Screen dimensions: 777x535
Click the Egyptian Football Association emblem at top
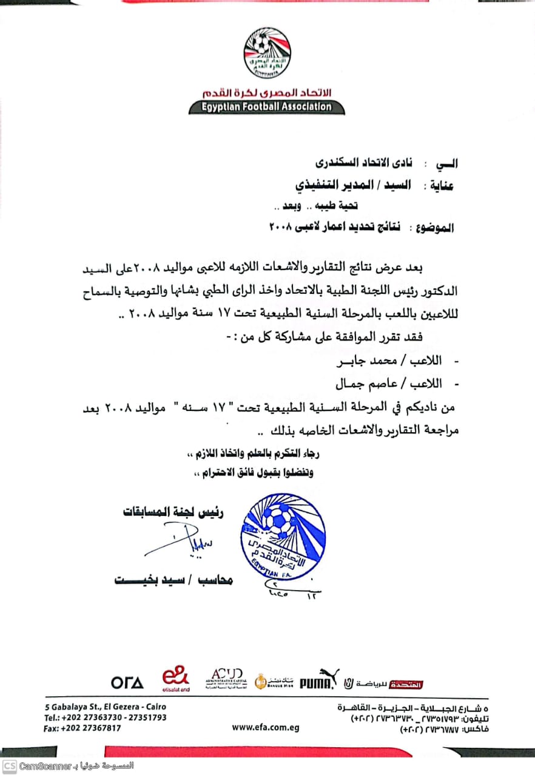coord(267,53)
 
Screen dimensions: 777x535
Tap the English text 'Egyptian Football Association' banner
coord(267,107)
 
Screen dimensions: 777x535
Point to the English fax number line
coord(82,728)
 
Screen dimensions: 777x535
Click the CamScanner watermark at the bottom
coord(67,766)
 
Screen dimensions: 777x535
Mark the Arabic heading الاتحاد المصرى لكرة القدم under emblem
coord(267,93)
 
